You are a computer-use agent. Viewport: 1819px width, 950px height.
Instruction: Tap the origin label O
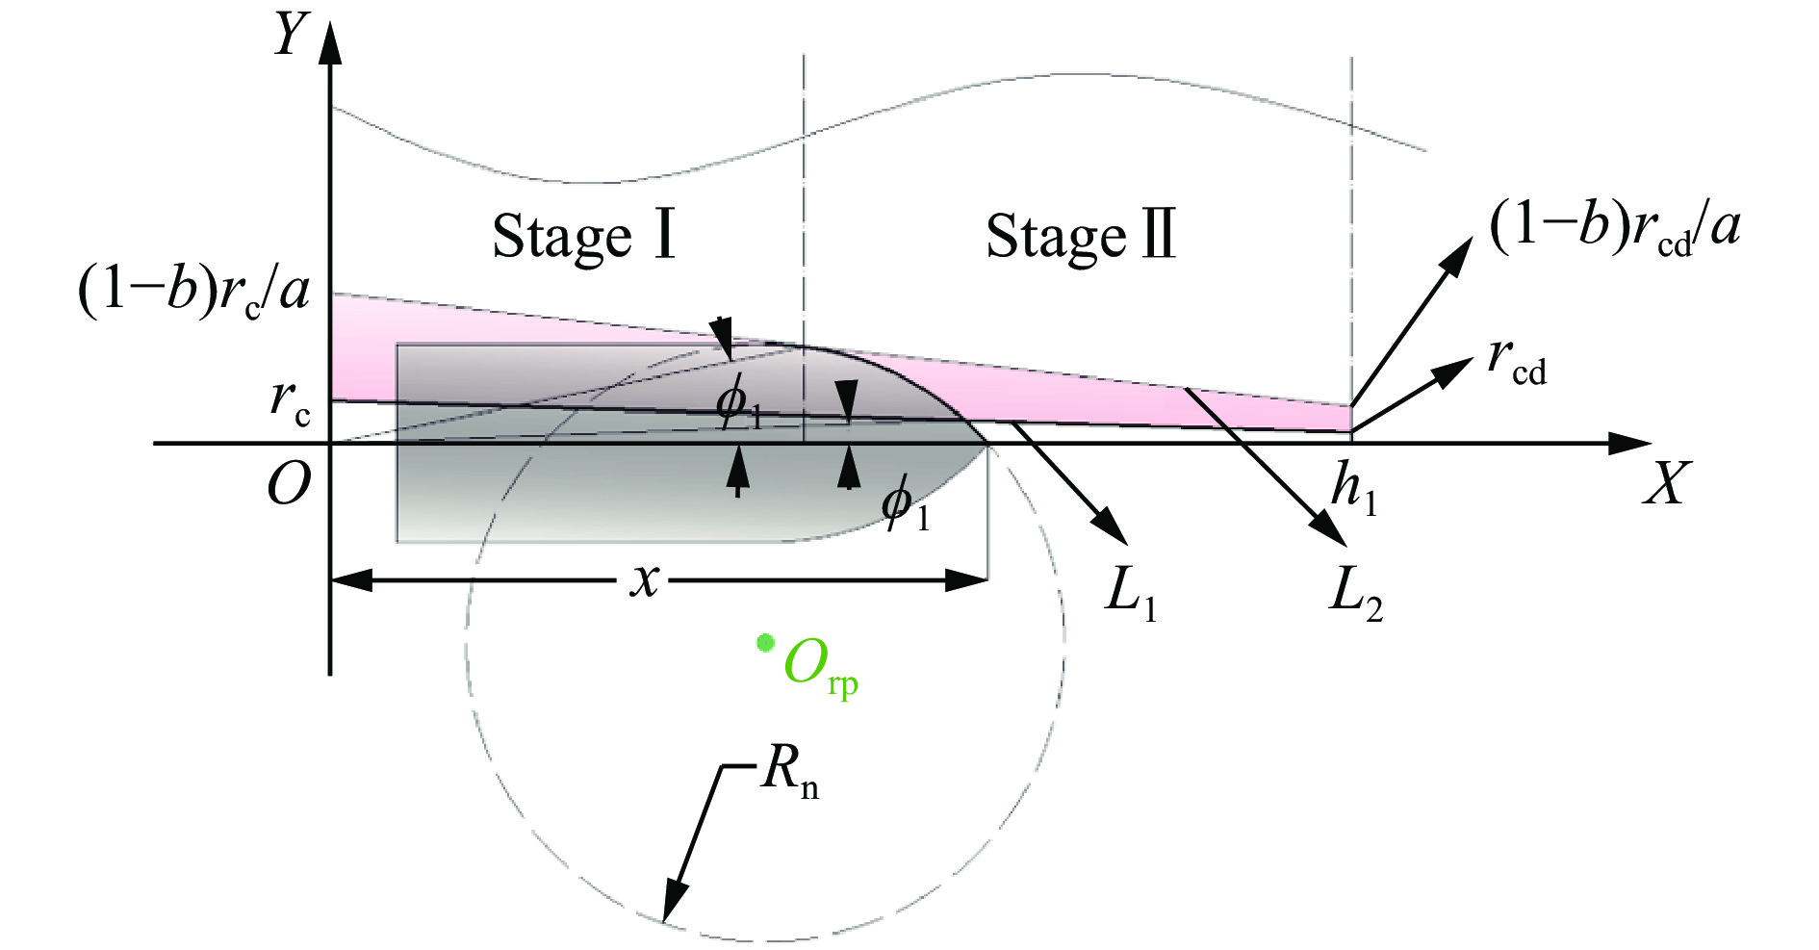point(289,483)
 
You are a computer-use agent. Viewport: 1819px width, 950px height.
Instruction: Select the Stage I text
point(584,237)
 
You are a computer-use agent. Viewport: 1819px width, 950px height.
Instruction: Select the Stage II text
point(1081,237)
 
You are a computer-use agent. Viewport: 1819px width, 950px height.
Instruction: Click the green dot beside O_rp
point(765,642)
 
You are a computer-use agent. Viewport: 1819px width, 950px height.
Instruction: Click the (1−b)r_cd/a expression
point(1614,231)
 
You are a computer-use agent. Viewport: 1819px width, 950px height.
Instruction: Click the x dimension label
point(645,579)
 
